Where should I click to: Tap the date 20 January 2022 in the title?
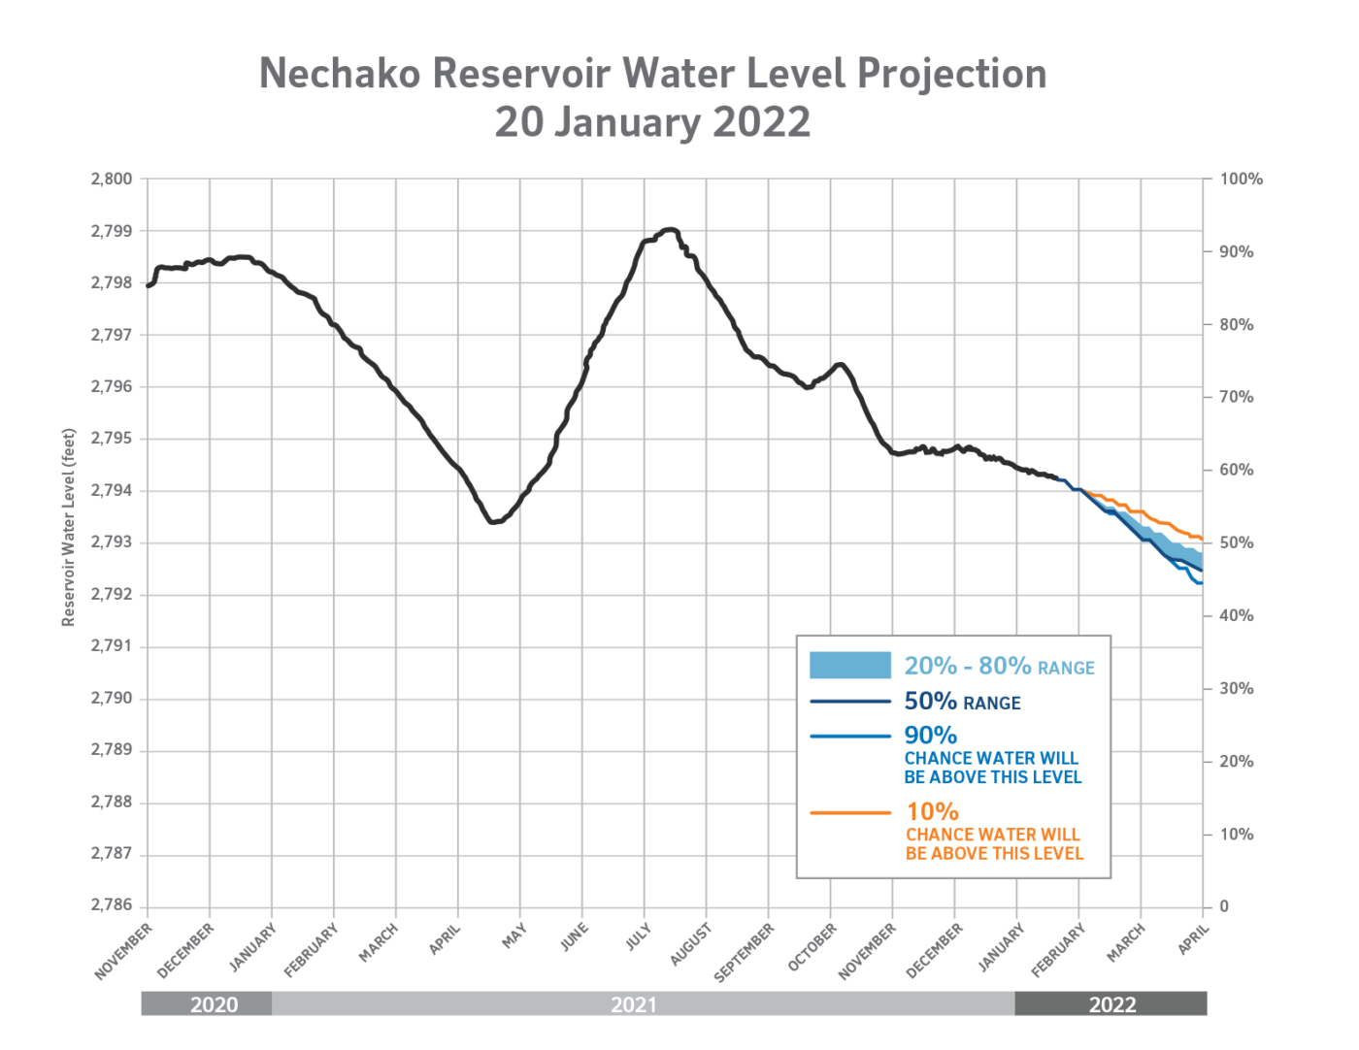coord(652,122)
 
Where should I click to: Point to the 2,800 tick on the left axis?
coord(112,179)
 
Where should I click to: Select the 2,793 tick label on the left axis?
coord(112,542)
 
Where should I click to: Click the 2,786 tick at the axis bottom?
coord(112,905)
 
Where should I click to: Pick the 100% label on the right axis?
coord(1241,179)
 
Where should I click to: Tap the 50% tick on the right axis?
coord(1236,542)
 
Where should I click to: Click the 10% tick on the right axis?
coord(1236,834)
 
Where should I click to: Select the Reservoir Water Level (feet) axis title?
coord(68,527)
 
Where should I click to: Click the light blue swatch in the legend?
coord(849,665)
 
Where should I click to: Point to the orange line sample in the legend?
coord(849,812)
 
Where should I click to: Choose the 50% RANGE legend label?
coord(962,702)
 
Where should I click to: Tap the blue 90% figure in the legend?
coord(930,736)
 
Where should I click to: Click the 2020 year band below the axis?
coord(214,1004)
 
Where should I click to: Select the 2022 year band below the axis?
coord(1111,1004)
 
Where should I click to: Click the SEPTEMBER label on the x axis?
coord(745,952)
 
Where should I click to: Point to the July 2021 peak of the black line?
coord(669,230)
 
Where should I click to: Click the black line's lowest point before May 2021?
coord(494,522)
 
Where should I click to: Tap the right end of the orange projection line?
coord(1202,539)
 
